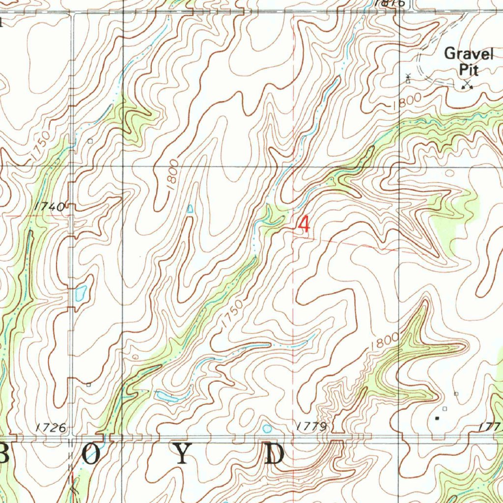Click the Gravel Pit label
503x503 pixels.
[x=468, y=60]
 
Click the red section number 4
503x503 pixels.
[x=304, y=225]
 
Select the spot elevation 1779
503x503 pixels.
[x=312, y=426]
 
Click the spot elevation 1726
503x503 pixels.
[x=51, y=428]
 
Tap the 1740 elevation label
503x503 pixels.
[x=50, y=207]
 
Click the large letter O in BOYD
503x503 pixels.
[x=90, y=454]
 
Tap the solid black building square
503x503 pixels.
[x=437, y=419]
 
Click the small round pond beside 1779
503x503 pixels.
[x=267, y=428]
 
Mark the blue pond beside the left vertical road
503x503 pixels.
[x=81, y=293]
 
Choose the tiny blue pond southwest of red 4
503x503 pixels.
[x=190, y=209]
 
